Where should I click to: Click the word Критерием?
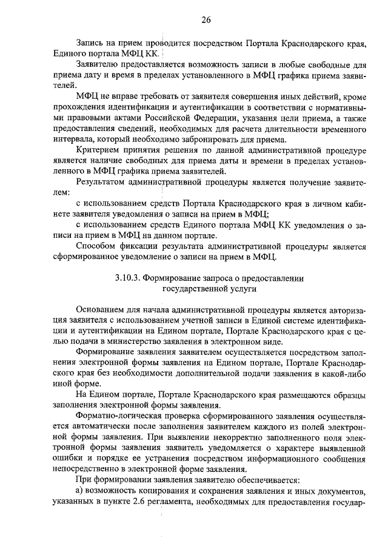[99, 150]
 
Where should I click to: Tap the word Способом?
[98, 246]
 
